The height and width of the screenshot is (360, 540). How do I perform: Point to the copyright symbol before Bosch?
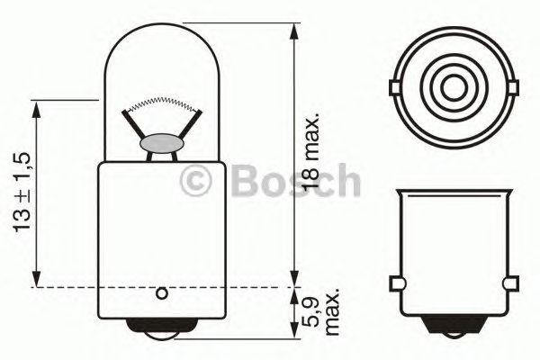(195, 181)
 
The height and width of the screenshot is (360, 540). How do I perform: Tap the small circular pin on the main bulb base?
(162, 292)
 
